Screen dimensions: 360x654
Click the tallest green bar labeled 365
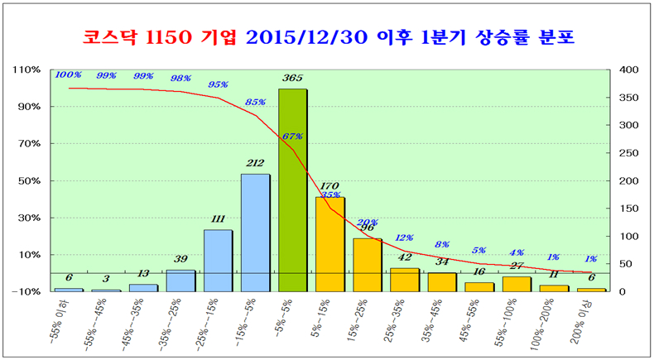[293, 190]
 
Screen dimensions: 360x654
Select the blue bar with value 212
[256, 233]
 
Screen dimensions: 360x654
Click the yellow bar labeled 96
[368, 265]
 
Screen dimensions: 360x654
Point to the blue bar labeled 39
[180, 281]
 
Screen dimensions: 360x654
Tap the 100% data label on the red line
[68, 75]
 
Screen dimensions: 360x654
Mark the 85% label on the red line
[256, 103]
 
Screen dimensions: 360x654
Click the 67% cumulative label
[292, 137]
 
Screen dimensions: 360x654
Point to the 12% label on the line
[404, 238]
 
